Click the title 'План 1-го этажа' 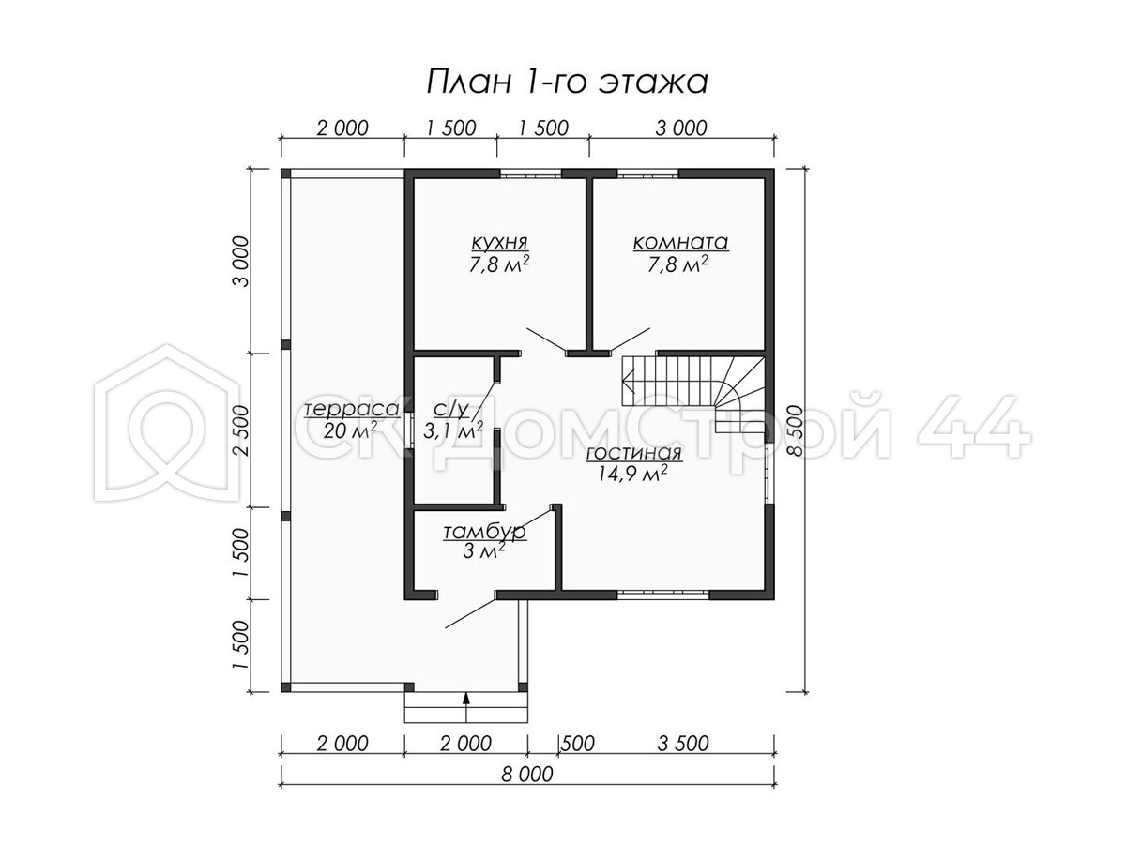(567, 82)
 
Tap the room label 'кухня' (499, 242)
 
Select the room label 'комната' (680, 242)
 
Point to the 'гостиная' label (633, 453)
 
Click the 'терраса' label (352, 409)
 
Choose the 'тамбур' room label (484, 532)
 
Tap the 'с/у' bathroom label (451, 409)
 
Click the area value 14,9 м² (632, 474)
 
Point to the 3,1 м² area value (453, 430)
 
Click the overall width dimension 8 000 (527, 774)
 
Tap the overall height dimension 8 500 (795, 430)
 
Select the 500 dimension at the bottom (578, 743)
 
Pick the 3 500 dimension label (683, 743)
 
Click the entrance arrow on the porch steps (466, 707)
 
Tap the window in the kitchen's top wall (530, 173)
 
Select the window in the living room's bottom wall (662, 595)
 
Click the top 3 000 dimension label (681, 128)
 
